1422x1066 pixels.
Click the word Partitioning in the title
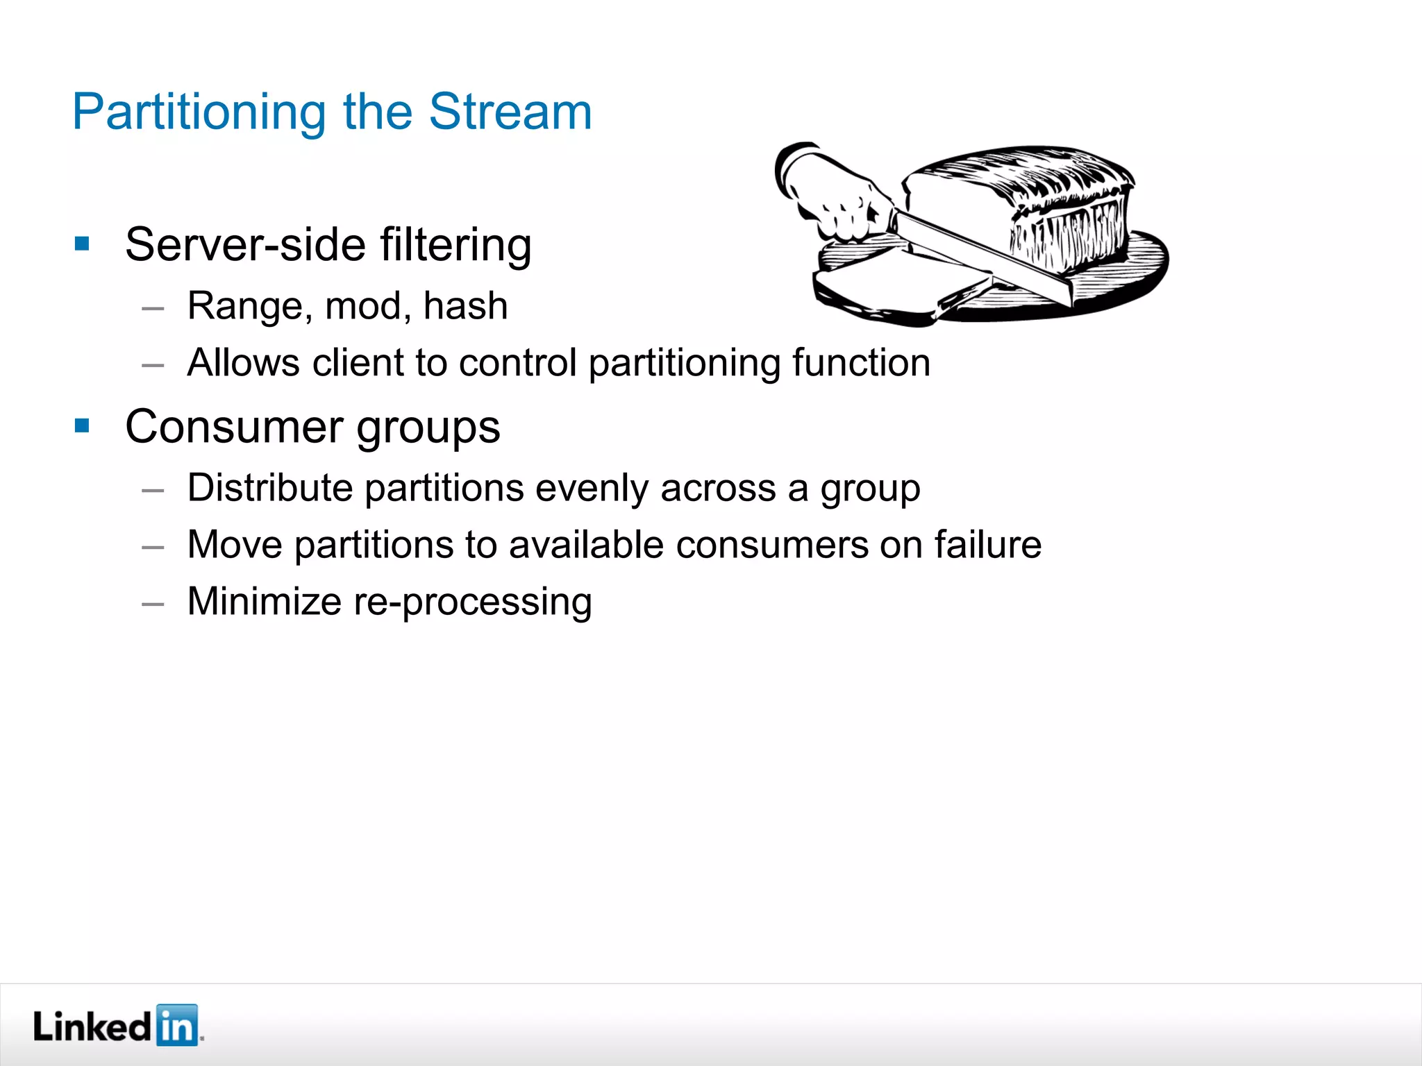(x=199, y=112)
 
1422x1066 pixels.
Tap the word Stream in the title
(x=510, y=112)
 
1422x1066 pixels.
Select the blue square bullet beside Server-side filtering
(x=82, y=243)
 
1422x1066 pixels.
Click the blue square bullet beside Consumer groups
(x=82, y=425)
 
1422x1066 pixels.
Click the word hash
(x=465, y=306)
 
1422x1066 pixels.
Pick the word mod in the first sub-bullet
(x=366, y=306)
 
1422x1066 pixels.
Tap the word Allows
(x=243, y=362)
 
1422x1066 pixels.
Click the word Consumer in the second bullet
(x=234, y=426)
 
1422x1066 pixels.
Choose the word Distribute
(x=270, y=487)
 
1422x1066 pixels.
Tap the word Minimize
(x=264, y=601)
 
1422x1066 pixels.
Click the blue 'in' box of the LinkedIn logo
(x=177, y=1025)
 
